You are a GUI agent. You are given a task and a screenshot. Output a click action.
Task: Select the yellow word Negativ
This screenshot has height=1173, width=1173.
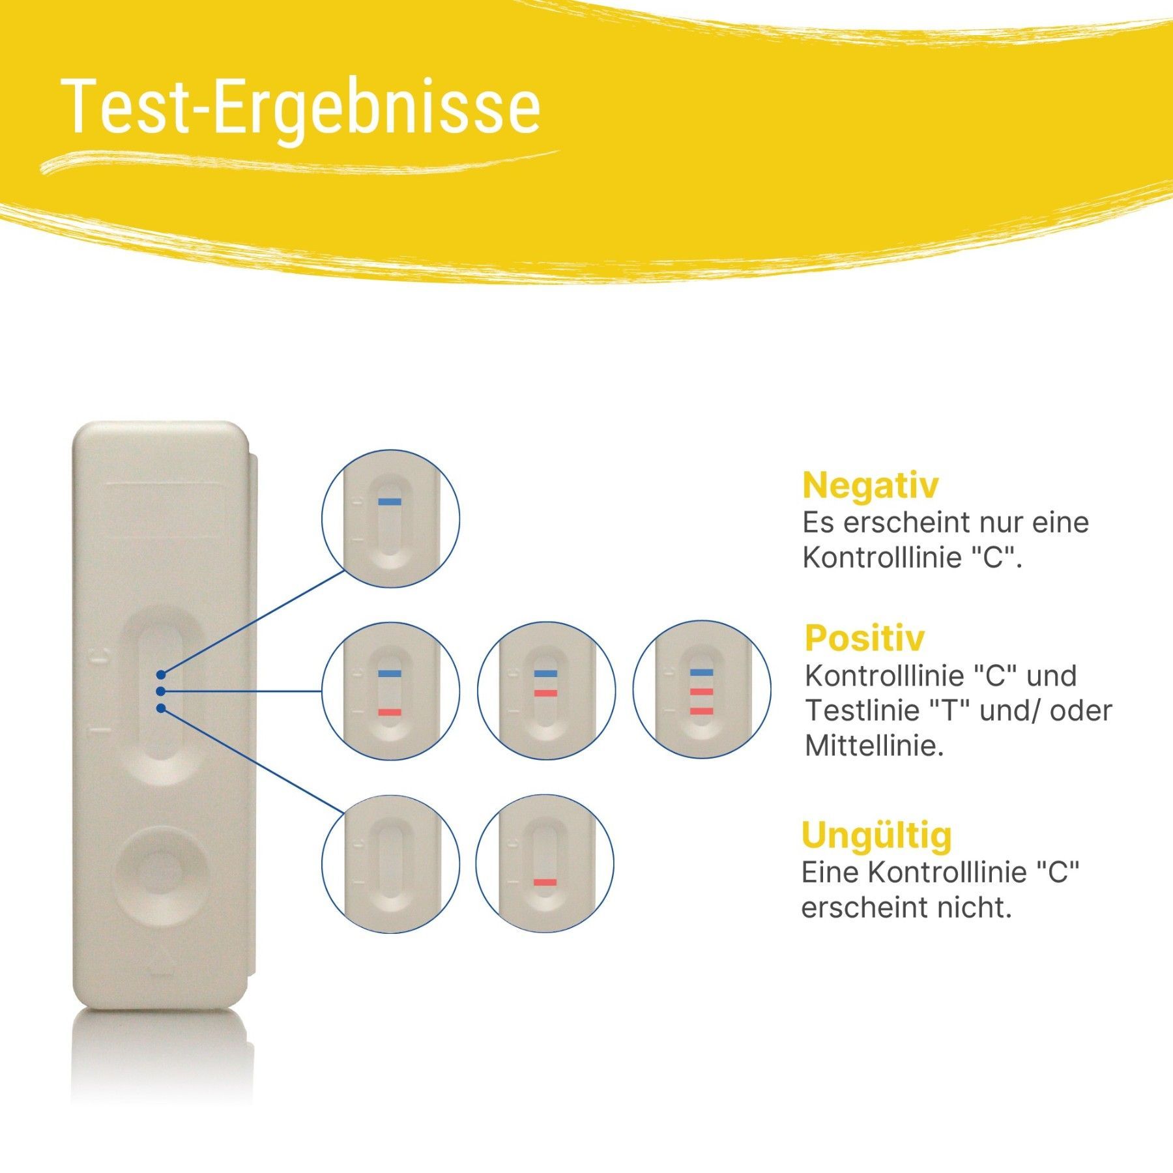870,485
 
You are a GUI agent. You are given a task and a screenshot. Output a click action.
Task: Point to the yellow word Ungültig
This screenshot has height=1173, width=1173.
876,836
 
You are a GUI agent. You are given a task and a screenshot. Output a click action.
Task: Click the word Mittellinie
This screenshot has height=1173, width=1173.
875,746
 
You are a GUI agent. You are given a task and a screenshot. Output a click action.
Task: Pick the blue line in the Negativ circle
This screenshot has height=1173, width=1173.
390,502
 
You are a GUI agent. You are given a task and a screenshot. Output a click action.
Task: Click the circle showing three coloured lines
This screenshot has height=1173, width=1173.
702,689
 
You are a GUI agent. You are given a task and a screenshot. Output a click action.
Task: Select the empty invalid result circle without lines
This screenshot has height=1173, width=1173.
390,864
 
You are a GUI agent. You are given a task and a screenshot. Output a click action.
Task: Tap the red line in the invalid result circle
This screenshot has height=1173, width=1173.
545,882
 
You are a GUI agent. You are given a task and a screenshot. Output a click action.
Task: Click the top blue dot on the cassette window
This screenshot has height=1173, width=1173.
161,673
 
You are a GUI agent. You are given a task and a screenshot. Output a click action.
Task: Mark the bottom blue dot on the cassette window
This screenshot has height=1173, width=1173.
161,708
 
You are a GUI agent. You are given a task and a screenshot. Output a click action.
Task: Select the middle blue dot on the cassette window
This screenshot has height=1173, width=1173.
161,690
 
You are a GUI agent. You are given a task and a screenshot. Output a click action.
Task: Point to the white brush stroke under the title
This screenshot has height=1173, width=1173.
300,162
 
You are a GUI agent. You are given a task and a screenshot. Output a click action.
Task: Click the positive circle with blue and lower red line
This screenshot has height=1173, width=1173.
390,691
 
